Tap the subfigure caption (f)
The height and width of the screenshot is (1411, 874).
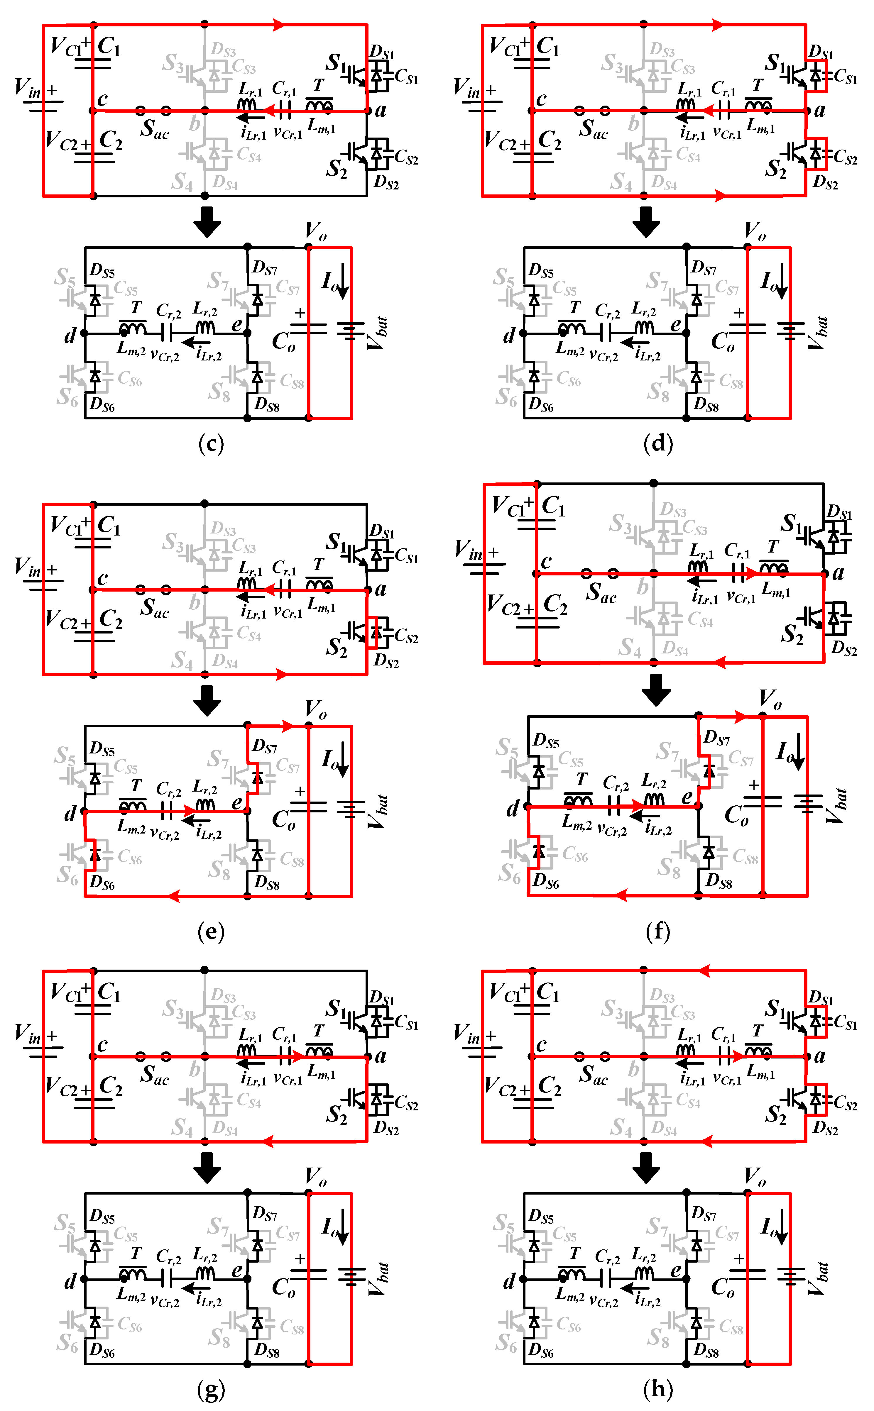click(x=658, y=931)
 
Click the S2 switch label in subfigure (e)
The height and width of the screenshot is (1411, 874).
click(x=337, y=647)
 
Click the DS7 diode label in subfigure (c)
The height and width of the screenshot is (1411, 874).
click(x=264, y=268)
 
